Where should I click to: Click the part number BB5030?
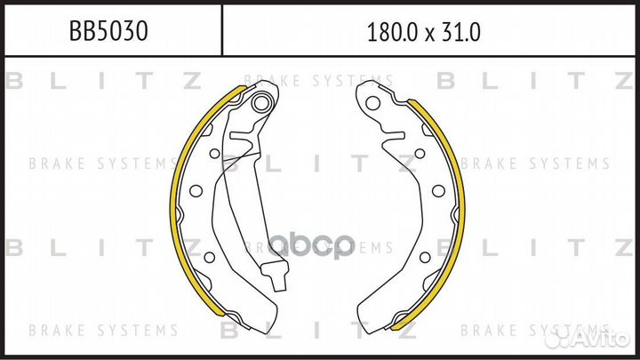coord(108,33)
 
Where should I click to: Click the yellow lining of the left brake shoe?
coord(174,196)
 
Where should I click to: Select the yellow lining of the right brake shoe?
coord(460,196)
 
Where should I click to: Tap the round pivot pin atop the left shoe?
coord(260,105)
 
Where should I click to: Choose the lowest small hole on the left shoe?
coord(210,258)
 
